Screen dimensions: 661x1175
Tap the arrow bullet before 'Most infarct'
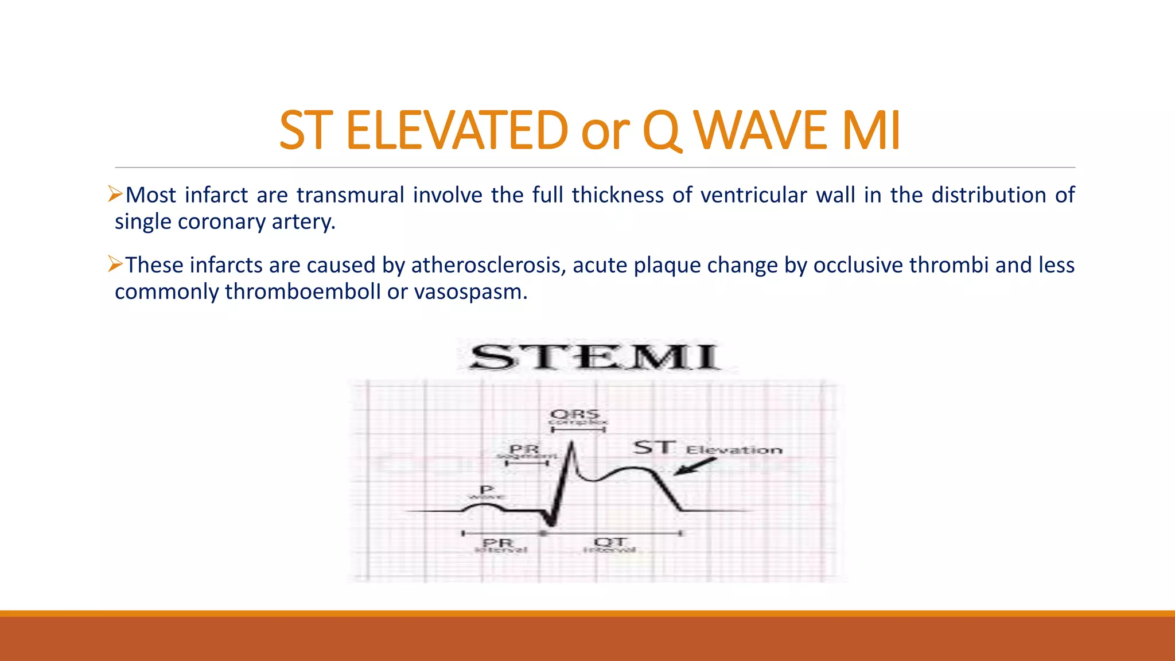115,194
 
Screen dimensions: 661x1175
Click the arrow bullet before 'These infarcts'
115,264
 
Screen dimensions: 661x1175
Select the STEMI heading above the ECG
594,357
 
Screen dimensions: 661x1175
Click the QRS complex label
575,417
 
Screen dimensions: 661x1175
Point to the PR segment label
525,452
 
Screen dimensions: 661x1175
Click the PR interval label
499,545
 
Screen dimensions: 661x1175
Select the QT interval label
610,545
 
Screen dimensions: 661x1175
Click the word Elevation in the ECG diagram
734,450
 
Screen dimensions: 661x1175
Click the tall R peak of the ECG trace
571,444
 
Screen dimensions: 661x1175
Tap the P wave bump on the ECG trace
484,505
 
